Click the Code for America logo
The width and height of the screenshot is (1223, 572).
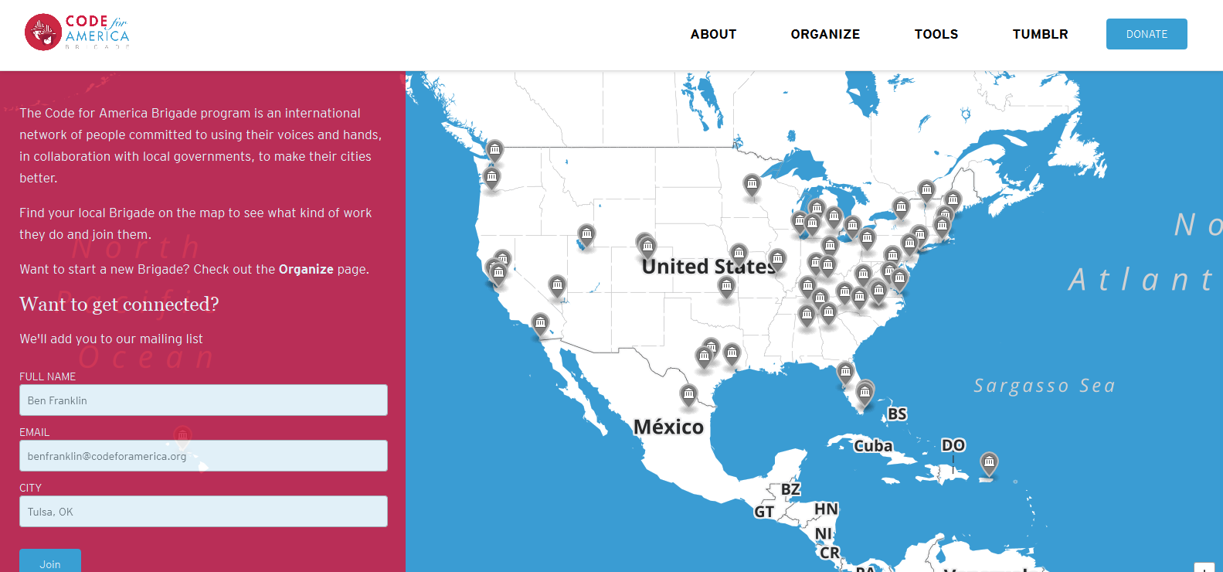[76, 32]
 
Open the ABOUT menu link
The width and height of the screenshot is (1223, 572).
[713, 34]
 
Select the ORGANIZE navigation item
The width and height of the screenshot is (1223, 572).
[825, 34]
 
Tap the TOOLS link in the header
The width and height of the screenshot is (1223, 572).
[936, 34]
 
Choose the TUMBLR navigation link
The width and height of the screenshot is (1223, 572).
[1040, 34]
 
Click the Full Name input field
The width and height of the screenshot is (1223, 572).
[203, 400]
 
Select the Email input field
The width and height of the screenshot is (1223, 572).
[203, 456]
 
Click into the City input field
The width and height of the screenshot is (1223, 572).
[203, 512]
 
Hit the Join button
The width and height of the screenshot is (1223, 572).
[50, 563]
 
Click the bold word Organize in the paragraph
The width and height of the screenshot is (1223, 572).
[306, 269]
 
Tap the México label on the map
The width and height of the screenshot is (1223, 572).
[668, 427]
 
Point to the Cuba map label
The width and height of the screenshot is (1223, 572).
[873, 446]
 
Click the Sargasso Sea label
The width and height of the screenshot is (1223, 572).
[1044, 386]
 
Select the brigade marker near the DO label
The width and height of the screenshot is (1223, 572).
[989, 463]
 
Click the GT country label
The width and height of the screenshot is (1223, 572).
[764, 512]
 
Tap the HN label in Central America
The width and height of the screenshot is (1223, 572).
[826, 509]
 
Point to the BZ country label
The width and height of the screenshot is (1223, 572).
[790, 489]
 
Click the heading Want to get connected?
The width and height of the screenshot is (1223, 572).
[119, 304]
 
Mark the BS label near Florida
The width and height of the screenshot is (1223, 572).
[897, 414]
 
